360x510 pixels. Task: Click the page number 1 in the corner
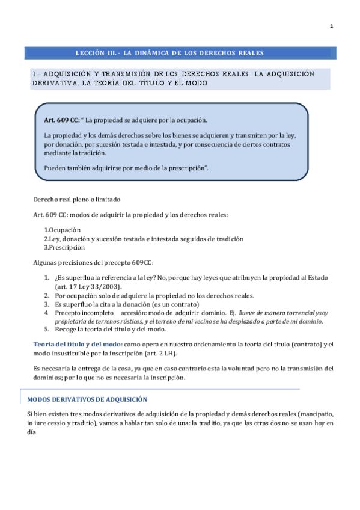coord(332,26)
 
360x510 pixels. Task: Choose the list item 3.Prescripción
coord(65,247)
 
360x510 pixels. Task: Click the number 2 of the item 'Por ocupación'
coord(47,295)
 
